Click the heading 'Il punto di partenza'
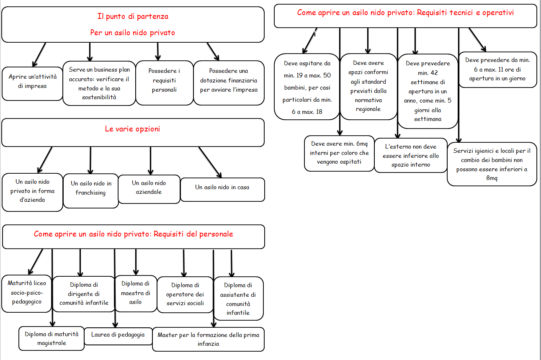point(133,16)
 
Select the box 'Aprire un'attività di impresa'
point(32,84)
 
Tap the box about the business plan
point(99,83)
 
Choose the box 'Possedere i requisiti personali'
point(165,83)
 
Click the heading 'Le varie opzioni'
point(132,129)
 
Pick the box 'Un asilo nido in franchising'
point(91,191)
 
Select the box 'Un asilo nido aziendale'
point(149,189)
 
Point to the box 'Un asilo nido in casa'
point(222,190)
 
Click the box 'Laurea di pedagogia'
point(118,336)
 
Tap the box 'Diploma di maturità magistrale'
point(52,339)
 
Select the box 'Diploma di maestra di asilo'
point(136,293)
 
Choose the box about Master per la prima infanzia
point(208,339)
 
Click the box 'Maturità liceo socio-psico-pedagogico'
point(26,293)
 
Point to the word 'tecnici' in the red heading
point(461,13)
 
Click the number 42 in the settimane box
point(434,73)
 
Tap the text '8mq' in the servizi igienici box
point(492,178)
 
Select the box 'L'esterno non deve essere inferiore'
point(411,155)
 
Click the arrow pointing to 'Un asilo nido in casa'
point(210,162)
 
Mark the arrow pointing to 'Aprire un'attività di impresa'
point(39,54)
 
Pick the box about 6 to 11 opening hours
point(497,69)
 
